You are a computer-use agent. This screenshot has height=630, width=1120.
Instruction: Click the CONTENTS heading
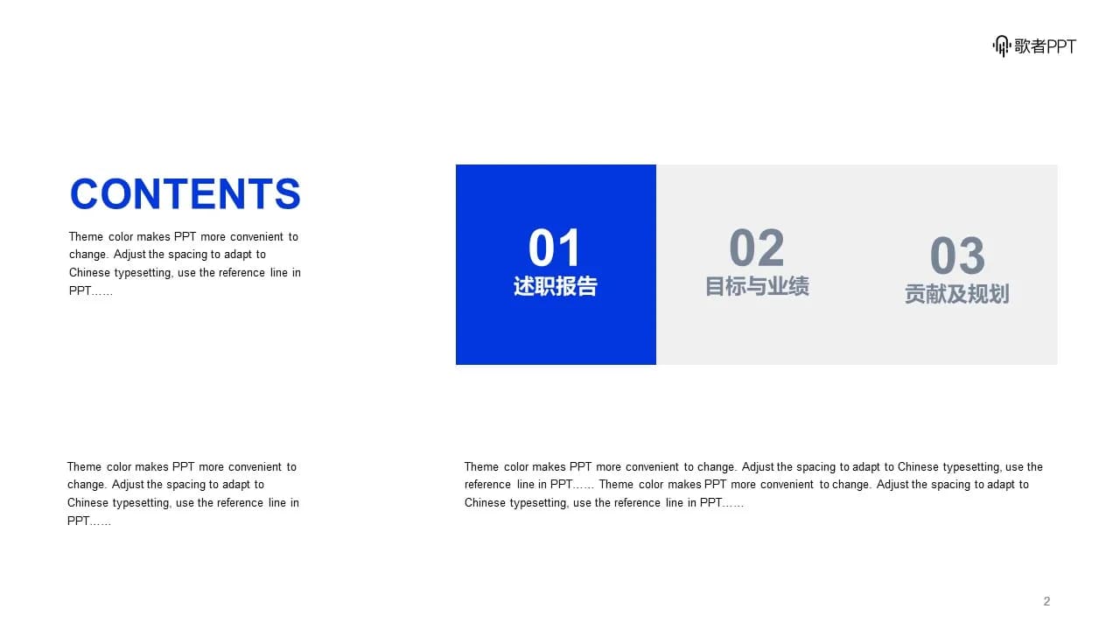(185, 193)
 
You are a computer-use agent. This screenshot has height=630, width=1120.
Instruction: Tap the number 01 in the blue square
(555, 248)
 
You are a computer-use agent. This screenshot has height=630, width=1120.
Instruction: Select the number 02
(757, 248)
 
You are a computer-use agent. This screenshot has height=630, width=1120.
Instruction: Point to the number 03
(957, 255)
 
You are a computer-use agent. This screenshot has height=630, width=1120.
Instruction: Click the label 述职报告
(556, 286)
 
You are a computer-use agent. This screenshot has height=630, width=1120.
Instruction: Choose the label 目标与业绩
(757, 286)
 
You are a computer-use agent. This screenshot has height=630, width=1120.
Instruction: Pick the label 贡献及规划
(957, 294)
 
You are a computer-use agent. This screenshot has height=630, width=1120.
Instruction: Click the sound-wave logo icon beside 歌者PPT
(1002, 46)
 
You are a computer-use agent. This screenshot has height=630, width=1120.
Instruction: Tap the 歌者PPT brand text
(1045, 46)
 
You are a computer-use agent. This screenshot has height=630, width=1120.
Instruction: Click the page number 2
(1046, 601)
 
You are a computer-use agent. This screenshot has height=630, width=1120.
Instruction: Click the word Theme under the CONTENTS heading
(86, 236)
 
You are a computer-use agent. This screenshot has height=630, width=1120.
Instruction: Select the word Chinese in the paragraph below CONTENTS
(89, 272)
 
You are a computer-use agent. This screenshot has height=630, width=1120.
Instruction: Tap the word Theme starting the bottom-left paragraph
(84, 466)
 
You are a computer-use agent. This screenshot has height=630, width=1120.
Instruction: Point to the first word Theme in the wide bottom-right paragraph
(481, 466)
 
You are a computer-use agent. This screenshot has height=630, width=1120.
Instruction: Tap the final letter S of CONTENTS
(288, 193)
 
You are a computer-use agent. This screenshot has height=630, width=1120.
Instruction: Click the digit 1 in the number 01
(570, 248)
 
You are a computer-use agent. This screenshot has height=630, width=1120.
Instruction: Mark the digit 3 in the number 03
(972, 255)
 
